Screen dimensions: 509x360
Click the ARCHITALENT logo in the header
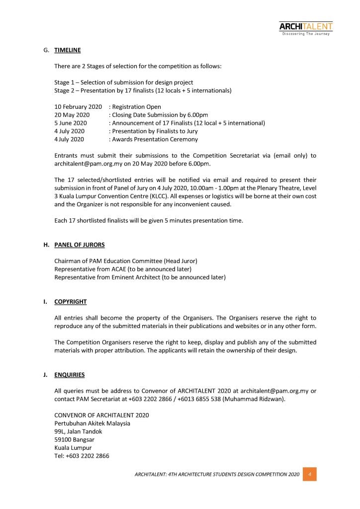click(305, 28)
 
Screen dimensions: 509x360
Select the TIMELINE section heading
click(68, 50)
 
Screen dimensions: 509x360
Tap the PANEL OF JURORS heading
click(80, 245)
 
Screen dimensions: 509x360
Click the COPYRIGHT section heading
click(71, 302)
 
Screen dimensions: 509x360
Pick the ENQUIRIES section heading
click(70, 375)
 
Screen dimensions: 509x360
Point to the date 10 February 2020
click(78, 107)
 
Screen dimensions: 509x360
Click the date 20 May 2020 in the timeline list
click(72, 115)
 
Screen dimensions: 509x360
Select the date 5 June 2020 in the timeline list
click(71, 123)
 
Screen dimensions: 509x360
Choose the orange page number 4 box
click(310, 475)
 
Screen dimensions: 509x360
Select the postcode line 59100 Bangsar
click(74, 439)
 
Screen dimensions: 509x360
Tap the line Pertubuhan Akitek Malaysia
click(92, 424)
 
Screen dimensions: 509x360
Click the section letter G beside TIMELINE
click(46, 50)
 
